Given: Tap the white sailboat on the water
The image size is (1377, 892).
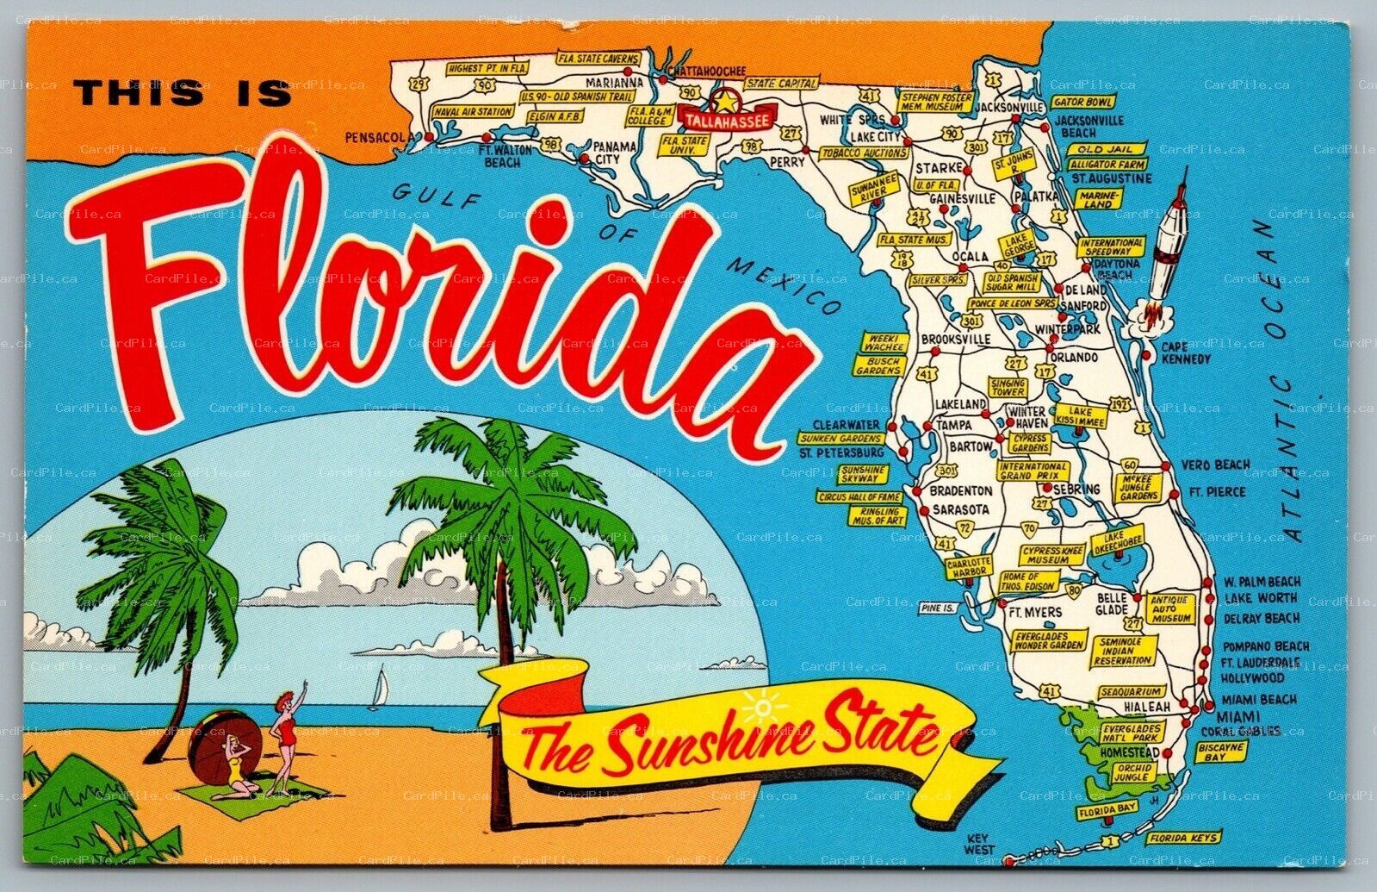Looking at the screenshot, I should point(376,689).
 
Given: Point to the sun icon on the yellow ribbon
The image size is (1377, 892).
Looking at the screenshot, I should point(763,707).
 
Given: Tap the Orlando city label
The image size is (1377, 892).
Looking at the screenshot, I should point(1073,357).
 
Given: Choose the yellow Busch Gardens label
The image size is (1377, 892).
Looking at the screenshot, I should point(878,365).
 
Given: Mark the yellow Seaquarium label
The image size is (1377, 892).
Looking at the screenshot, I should point(1132,691).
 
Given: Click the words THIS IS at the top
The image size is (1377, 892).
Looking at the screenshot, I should point(183,92).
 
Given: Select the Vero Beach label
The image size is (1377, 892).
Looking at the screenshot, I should point(1215,465).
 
